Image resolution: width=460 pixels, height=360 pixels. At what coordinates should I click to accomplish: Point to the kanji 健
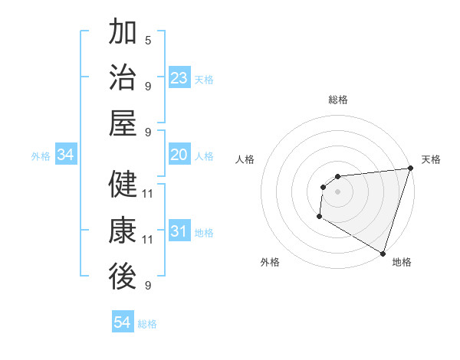(x=123, y=185)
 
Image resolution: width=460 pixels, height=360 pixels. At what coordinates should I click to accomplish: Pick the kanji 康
(x=123, y=231)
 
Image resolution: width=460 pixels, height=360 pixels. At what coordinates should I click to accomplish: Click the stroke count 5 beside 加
(x=147, y=40)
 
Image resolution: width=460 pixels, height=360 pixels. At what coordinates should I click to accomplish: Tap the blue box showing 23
(x=179, y=78)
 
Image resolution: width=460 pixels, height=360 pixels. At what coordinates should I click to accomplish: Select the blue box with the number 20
(x=179, y=155)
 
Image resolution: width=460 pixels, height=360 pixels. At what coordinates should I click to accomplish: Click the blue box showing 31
(x=179, y=232)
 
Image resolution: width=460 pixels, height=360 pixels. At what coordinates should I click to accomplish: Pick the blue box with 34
(x=65, y=155)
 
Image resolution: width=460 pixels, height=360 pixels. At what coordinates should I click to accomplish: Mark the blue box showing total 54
(x=122, y=323)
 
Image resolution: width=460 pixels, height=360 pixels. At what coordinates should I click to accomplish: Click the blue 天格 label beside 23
(x=204, y=79)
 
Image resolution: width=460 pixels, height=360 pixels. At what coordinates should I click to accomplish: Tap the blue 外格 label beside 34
(x=41, y=156)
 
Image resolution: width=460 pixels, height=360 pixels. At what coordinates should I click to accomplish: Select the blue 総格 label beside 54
(x=147, y=324)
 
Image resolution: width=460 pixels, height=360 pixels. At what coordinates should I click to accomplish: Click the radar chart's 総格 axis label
(x=337, y=100)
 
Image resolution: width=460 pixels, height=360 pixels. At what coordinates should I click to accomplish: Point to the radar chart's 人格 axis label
(x=245, y=159)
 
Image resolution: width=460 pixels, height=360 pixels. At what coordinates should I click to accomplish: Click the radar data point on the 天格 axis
(x=410, y=169)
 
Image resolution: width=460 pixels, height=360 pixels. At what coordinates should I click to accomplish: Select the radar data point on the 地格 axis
(x=382, y=253)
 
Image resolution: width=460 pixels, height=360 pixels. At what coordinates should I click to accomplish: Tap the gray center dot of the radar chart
(x=337, y=191)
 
